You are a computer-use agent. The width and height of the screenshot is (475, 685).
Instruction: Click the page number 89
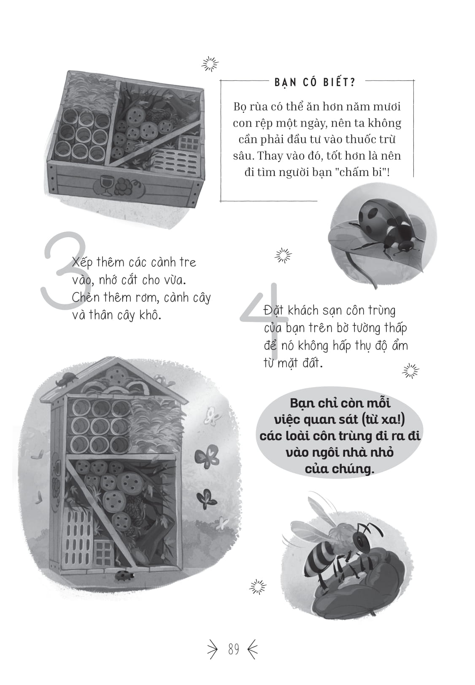pyautogui.click(x=233, y=649)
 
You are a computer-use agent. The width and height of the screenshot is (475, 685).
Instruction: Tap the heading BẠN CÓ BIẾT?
pyautogui.click(x=315, y=82)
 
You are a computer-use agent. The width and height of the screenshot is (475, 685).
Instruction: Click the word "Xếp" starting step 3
pyautogui.click(x=82, y=262)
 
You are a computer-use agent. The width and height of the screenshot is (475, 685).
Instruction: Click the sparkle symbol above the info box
pyautogui.click(x=210, y=64)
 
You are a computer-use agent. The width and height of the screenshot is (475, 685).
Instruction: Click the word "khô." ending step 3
pyautogui.click(x=150, y=315)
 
